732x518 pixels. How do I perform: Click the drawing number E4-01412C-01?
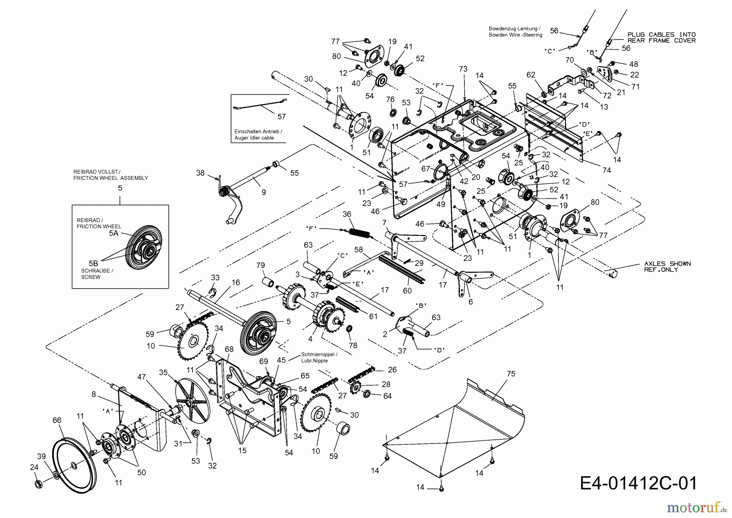pos(638,483)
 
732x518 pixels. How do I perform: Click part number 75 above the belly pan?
pos(511,374)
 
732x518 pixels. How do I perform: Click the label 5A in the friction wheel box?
pos(113,233)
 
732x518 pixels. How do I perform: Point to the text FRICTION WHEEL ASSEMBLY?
pos(111,178)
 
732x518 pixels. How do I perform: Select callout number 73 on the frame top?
pos(463,70)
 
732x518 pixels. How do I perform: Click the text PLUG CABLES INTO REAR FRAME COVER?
pos(661,37)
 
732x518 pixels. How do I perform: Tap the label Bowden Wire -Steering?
pos(515,35)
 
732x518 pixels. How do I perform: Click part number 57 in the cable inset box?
pos(281,117)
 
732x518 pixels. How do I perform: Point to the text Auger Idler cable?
pos(254,138)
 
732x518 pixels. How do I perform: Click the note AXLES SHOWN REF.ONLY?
pos(667,266)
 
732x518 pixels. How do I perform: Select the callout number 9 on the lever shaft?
pos(264,192)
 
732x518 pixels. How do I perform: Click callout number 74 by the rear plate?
pos(606,170)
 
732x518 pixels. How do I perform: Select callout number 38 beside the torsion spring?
pos(200,173)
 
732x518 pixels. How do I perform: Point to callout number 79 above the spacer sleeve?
pos(261,266)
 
